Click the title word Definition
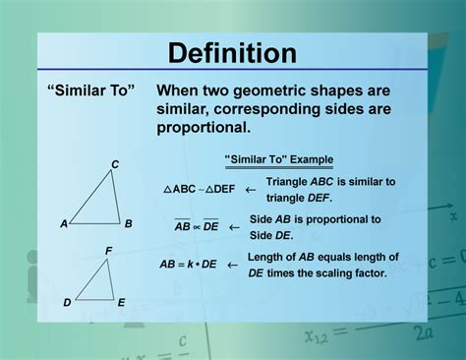point(232,52)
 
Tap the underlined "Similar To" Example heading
point(278,158)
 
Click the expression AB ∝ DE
point(197,226)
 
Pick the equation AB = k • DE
point(188,265)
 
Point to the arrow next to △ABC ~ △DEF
point(251,189)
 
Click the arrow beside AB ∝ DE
point(234,226)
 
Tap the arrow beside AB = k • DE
point(232,265)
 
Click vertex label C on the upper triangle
point(115,164)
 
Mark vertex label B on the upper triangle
point(129,223)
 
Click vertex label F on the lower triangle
point(109,252)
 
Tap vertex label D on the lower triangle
point(67,303)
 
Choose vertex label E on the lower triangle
point(121,303)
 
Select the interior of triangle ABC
point(102,205)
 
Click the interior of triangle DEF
point(99,285)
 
